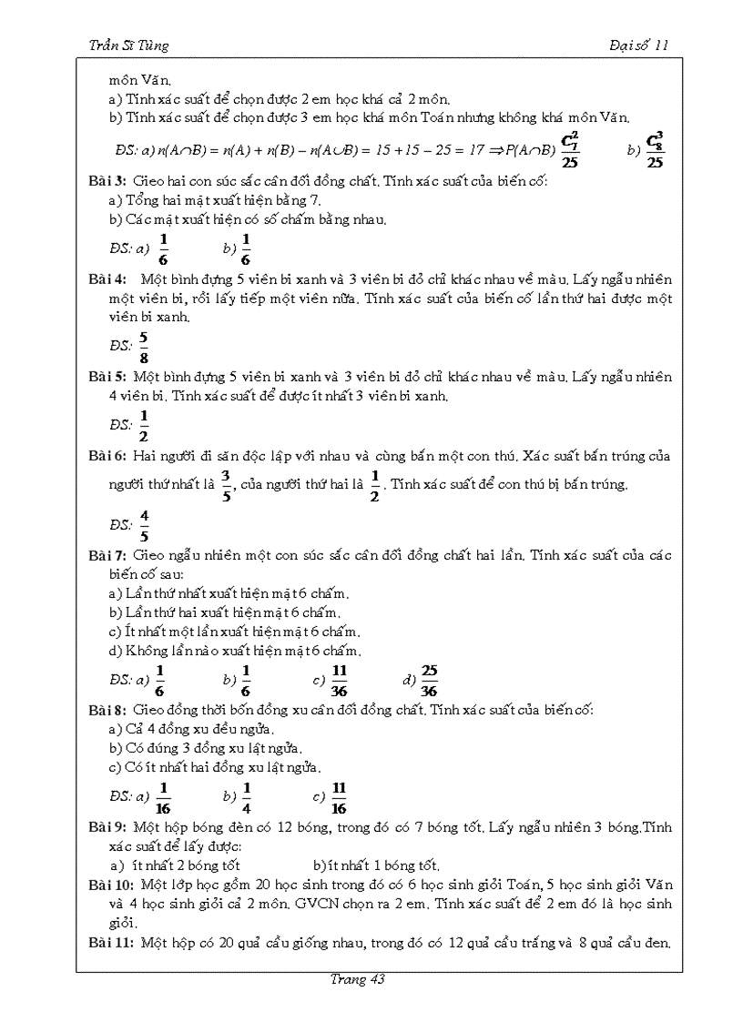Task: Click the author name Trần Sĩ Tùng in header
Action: click(124, 46)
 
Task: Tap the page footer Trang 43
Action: click(358, 979)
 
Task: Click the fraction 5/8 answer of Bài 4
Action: click(144, 346)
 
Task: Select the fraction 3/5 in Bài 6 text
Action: click(227, 484)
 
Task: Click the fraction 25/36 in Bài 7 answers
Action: click(430, 680)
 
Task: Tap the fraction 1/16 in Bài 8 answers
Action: click(164, 797)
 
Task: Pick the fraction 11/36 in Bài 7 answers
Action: click(340, 680)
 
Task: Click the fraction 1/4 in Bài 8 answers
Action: click(247, 797)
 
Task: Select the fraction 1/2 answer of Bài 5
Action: click(144, 425)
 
